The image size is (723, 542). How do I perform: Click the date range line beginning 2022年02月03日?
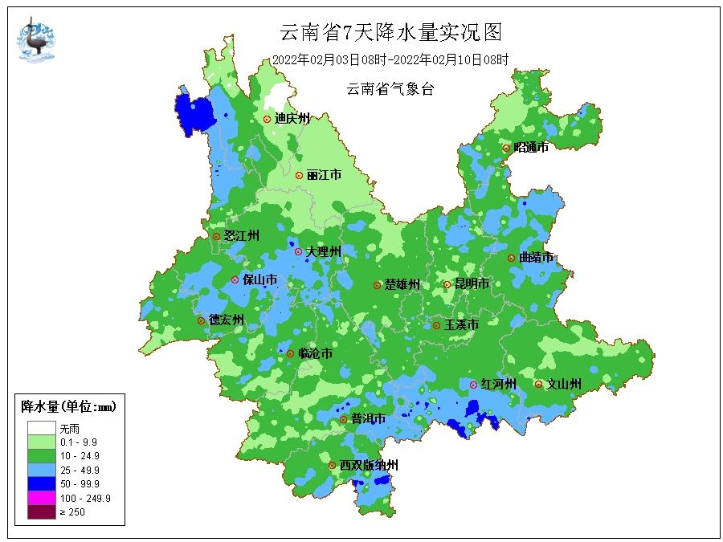[390, 59]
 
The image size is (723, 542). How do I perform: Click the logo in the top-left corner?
[35, 40]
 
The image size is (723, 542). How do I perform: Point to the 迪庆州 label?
[292, 119]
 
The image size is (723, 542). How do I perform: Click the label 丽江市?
[324, 175]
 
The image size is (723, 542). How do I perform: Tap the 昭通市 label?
[531, 148]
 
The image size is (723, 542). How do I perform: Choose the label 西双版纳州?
[368, 466]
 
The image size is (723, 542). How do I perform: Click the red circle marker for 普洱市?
[343, 419]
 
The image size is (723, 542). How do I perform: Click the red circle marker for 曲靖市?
[511, 258]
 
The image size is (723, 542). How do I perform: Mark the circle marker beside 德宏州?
[201, 320]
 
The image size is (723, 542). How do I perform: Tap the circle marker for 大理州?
[298, 251]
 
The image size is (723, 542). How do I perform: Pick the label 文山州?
[563, 385]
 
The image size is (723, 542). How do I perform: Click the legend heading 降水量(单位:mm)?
[68, 407]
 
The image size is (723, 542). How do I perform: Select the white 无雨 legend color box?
[41, 429]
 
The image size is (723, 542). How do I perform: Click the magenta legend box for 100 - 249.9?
[41, 498]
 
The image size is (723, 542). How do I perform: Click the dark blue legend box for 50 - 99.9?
[41, 483]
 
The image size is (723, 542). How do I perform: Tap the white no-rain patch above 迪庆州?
[276, 99]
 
